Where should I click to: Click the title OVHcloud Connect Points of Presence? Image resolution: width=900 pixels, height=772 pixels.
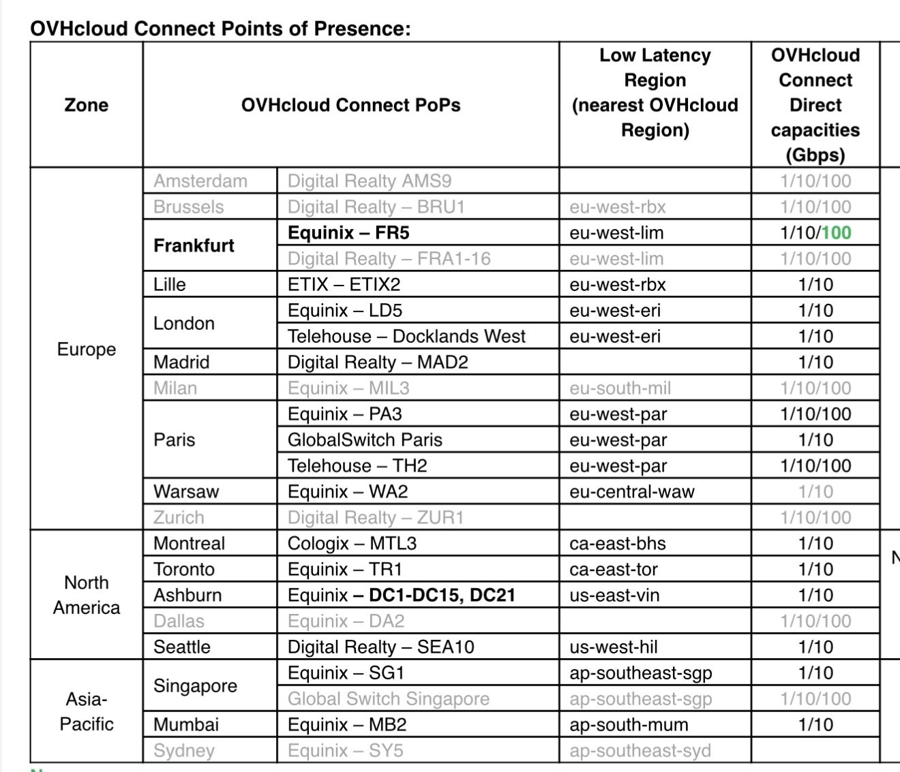(220, 29)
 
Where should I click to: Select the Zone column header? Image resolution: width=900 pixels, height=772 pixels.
(86, 105)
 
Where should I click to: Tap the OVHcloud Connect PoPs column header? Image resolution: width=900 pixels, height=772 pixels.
(350, 105)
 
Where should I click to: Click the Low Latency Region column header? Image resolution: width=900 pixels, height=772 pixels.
(655, 93)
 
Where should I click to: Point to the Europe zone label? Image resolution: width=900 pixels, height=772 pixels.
(86, 349)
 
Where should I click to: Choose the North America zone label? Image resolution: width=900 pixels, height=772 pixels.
(86, 595)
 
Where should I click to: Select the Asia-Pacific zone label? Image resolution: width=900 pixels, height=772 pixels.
(86, 711)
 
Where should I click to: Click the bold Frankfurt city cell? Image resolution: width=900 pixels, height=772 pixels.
(194, 245)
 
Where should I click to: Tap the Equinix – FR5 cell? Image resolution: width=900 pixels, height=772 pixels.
(348, 233)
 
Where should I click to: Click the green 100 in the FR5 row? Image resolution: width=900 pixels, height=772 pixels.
(836, 233)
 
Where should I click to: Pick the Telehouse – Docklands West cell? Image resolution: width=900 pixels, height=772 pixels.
(406, 337)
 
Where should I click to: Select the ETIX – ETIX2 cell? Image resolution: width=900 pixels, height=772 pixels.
(344, 285)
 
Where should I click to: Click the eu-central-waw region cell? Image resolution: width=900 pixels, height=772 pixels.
(631, 492)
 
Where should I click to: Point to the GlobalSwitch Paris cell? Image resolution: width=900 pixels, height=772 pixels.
(365, 440)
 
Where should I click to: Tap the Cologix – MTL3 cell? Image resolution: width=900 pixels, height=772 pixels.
(352, 544)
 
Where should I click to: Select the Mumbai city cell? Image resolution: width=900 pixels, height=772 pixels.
(186, 725)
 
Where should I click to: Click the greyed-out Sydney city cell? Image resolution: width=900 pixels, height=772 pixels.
(184, 751)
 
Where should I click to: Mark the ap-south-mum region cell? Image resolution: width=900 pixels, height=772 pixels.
(629, 725)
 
